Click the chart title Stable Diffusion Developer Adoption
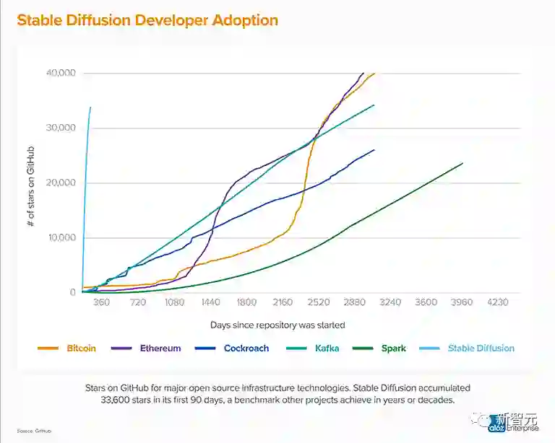click(x=147, y=19)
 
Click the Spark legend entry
click(x=393, y=348)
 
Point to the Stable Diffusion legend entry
click(x=481, y=348)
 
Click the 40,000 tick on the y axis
click(x=61, y=73)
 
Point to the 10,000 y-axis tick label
click(x=61, y=238)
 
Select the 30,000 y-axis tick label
click(x=61, y=128)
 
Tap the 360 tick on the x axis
click(x=101, y=303)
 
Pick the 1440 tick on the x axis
click(x=210, y=303)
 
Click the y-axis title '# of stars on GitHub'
click(x=32, y=183)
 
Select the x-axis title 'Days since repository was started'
click(x=277, y=325)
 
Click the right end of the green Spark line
click(x=462, y=163)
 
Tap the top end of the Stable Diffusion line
click(x=90, y=108)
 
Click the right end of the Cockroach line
click(x=374, y=150)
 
